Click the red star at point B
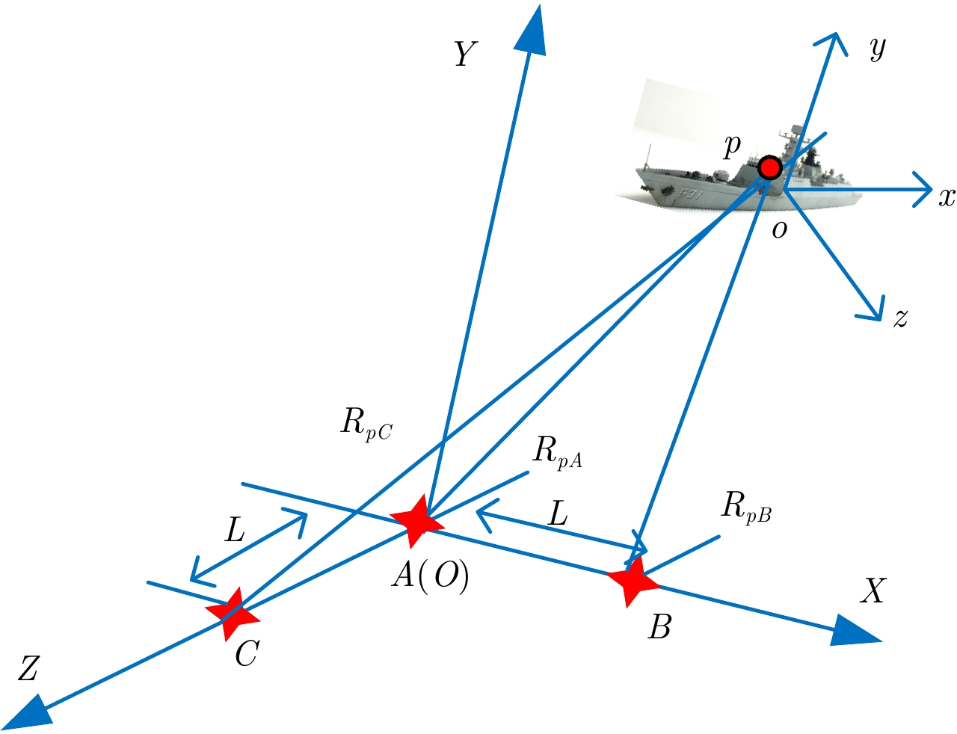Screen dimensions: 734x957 click(633, 580)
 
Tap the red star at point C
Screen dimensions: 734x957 click(234, 614)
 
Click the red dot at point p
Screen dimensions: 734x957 click(769, 168)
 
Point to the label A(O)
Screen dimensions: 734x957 click(431, 576)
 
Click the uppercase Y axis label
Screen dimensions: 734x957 click(465, 55)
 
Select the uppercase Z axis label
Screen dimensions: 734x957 click(28, 670)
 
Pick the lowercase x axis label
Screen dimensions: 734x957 click(947, 197)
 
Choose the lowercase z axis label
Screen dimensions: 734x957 click(901, 318)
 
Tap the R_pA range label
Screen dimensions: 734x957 click(557, 452)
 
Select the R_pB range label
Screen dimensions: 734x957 click(745, 508)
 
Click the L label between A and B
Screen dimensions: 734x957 click(558, 514)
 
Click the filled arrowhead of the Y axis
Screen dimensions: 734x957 click(532, 30)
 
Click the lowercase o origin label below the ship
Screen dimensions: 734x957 click(779, 230)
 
